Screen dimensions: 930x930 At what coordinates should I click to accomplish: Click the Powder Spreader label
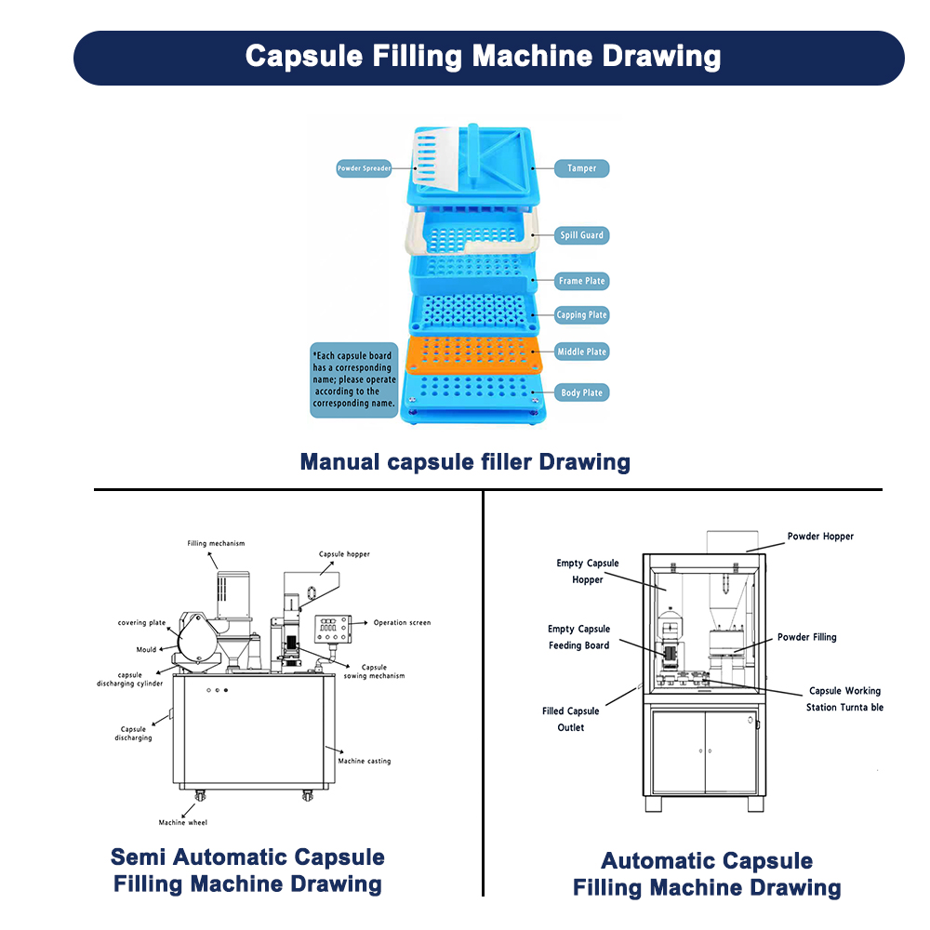[364, 169]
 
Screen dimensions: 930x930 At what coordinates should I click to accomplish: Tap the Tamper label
[582, 168]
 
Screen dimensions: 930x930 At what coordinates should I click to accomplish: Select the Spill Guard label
[581, 235]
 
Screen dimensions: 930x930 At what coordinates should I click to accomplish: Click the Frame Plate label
[582, 281]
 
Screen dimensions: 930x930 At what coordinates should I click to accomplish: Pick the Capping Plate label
[581, 315]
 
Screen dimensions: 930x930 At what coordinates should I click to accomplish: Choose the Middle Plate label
[581, 352]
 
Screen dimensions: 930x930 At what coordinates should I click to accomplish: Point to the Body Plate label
[581, 392]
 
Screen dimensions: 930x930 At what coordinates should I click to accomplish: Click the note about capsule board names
[353, 379]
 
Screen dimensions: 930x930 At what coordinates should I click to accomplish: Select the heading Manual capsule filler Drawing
[465, 461]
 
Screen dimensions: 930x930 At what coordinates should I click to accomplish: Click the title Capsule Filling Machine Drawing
[483, 56]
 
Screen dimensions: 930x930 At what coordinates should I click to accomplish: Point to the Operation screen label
[402, 622]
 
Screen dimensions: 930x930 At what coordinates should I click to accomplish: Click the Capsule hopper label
[344, 554]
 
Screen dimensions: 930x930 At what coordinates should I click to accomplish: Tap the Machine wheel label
[183, 822]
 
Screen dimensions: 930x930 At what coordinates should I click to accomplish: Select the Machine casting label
[365, 761]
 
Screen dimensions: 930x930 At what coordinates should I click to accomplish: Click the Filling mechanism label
[216, 543]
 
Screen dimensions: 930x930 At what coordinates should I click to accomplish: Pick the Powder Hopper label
[820, 537]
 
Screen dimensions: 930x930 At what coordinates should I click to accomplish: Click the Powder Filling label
[807, 637]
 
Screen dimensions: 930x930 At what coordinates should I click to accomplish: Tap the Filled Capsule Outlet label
[571, 719]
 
